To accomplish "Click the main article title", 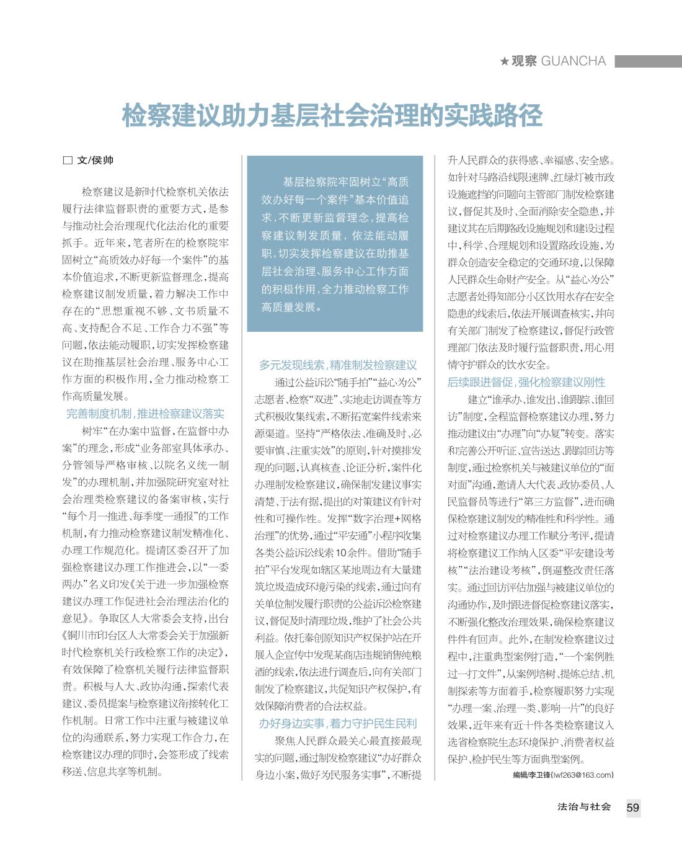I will (332, 116).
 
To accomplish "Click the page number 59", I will (632, 807).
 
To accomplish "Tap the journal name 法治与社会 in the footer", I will (584, 807).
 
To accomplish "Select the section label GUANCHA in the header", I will (573, 61).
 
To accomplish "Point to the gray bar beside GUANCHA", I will (648, 61).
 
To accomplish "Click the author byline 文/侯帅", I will (95, 160).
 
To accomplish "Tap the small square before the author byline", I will (68, 160).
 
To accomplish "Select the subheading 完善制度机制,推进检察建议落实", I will (145, 414).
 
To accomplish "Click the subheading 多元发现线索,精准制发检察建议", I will (338, 365).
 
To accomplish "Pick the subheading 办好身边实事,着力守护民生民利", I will (338, 723).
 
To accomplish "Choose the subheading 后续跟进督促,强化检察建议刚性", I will (526, 382).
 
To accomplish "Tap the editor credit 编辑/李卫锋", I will (527, 775).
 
